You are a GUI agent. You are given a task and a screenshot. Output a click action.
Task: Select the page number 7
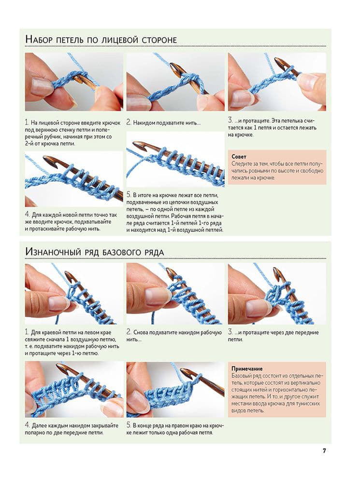point(324,451)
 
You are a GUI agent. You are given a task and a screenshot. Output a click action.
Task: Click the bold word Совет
point(239,157)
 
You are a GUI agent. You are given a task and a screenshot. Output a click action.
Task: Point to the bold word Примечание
point(247,369)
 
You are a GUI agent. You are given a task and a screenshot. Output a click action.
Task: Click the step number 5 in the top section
point(129,195)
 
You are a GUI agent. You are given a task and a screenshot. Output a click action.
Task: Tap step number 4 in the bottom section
point(28,426)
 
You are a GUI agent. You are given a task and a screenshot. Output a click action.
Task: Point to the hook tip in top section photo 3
point(279,60)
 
